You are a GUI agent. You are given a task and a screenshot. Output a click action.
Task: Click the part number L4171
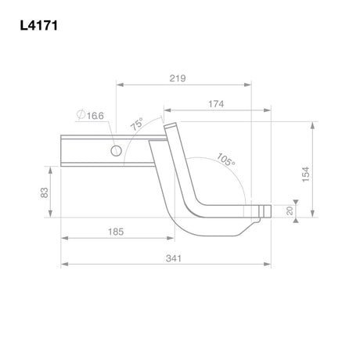tap(39, 26)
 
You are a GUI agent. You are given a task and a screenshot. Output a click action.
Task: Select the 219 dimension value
tap(178, 78)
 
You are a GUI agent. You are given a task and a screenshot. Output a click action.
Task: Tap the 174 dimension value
tap(216, 104)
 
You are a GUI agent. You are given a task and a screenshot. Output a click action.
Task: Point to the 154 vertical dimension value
tap(305, 175)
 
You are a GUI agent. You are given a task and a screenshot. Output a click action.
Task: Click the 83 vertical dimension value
tap(45, 193)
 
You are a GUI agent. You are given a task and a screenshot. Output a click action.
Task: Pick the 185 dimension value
tap(116, 232)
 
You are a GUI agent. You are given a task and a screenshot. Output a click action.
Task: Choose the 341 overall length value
tap(174, 258)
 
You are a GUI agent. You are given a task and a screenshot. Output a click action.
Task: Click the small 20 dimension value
tap(290, 211)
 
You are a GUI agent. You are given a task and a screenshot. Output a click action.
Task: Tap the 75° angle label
tap(137, 124)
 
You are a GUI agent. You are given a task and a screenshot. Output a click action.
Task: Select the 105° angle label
tap(226, 160)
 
